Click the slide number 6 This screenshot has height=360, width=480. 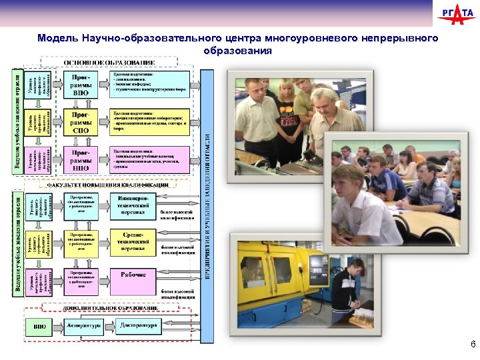tap(472, 345)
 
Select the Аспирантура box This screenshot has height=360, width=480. tap(84, 326)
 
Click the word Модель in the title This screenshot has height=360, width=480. tap(58, 38)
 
